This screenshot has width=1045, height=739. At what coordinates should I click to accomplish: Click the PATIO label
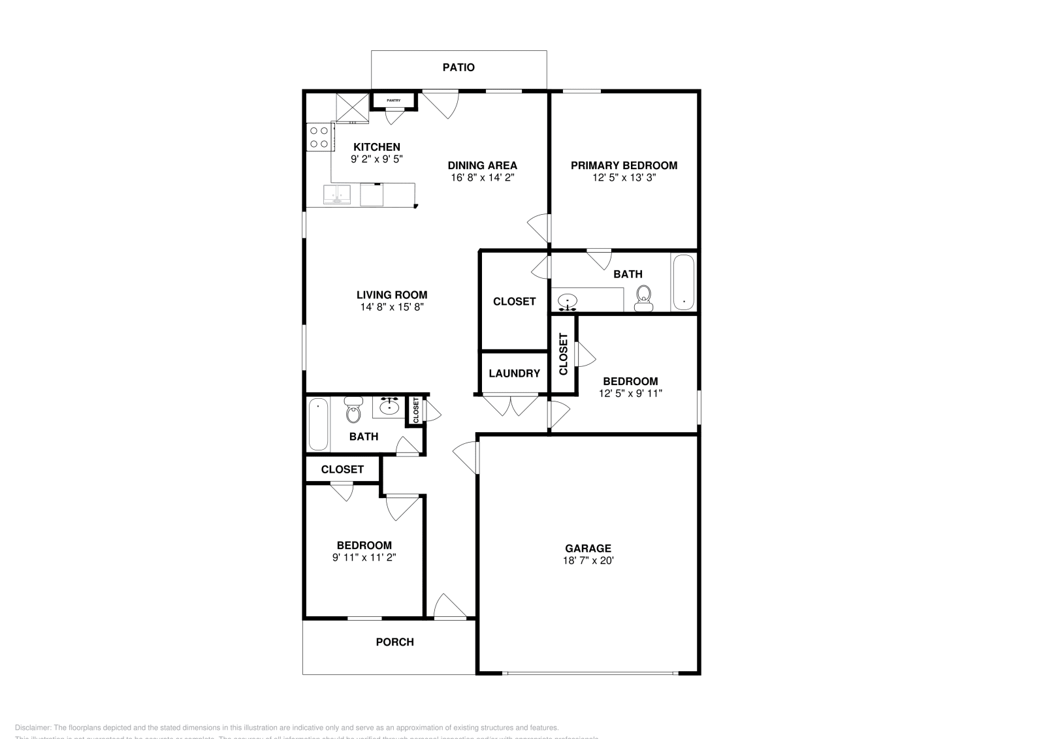coord(458,67)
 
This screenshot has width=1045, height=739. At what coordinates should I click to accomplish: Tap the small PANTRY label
coord(393,101)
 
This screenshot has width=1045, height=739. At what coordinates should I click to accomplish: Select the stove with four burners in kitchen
coord(319,138)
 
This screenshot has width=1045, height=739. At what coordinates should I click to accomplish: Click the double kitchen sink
coord(337,195)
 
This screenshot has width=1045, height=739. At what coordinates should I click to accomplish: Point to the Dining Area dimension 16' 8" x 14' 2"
coord(482,178)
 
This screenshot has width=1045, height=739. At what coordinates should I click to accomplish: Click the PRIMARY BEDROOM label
coord(624,165)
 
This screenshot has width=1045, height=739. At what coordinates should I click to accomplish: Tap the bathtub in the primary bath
coord(683,283)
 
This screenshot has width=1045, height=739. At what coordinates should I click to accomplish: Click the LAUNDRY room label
coord(514,373)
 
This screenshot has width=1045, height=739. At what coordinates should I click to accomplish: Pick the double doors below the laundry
coord(510,405)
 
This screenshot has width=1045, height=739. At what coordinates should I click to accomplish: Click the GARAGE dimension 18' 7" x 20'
coord(588,561)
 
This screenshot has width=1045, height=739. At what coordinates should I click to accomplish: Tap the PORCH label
coord(394,642)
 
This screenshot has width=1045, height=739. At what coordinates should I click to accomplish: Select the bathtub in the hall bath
coord(318,424)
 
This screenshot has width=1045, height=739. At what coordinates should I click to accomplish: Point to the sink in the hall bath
coord(390,407)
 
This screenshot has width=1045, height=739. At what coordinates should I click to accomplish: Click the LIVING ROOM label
coord(392,294)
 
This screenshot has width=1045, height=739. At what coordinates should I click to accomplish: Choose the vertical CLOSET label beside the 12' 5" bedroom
coord(564,354)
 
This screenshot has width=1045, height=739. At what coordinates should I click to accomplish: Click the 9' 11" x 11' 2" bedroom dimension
coord(364,558)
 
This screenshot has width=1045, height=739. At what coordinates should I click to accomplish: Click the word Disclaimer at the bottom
coord(33,727)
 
